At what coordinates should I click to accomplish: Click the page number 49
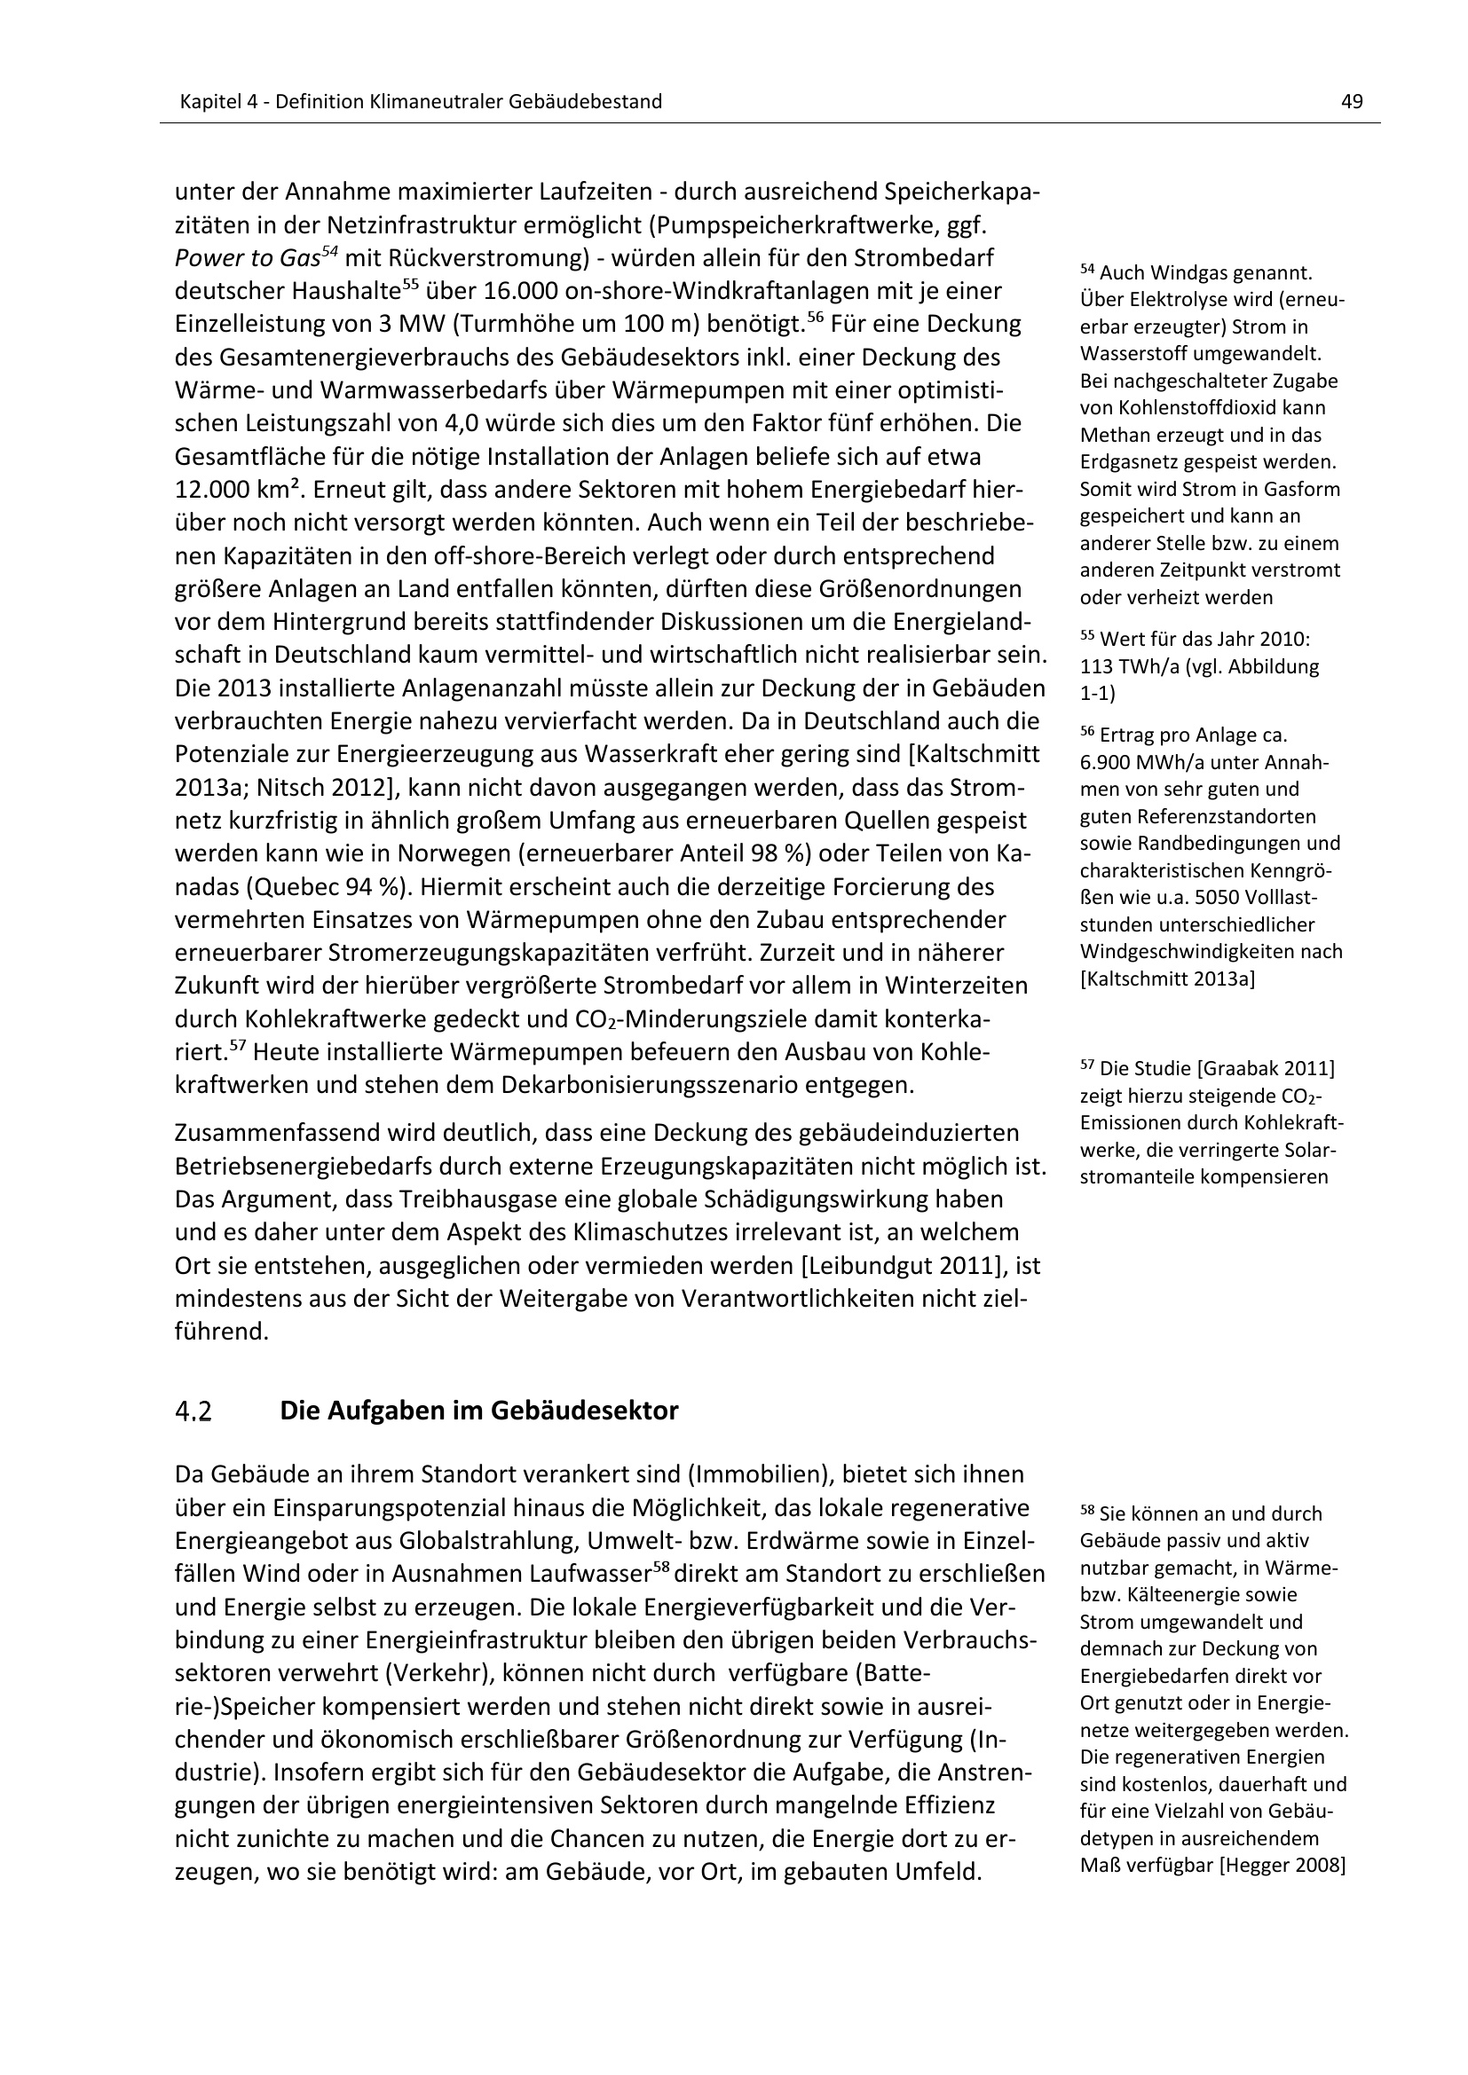pyautogui.click(x=1352, y=102)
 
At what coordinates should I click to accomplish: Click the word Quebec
pyautogui.click(x=302, y=887)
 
